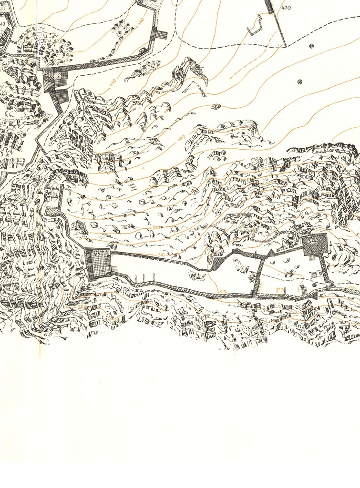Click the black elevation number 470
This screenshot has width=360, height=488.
pos(286,8)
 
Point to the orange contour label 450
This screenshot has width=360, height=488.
pos(113,82)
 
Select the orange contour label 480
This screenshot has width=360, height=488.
pos(181,138)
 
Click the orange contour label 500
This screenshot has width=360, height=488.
pos(156,228)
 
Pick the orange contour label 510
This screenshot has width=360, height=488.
pos(161,255)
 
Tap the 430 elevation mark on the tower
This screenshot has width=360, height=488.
pos(49,74)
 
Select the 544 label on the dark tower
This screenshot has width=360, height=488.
pos(313,241)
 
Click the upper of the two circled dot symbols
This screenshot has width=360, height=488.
pos(311,46)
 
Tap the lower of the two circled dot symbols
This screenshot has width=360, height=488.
pos(299,81)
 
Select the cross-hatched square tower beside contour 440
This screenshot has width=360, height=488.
pos(161,36)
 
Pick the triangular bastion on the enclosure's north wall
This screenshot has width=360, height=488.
pos(270,253)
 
